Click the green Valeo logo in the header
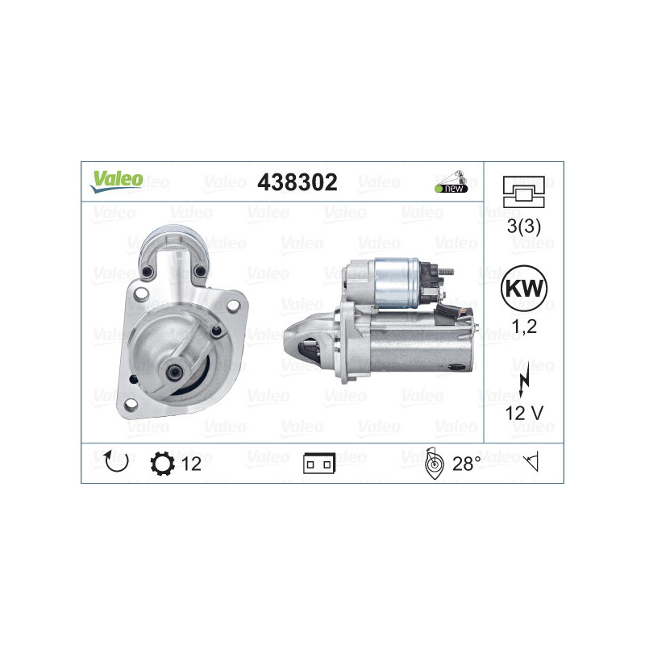[116, 181]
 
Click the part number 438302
[297, 182]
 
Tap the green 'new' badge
[451, 189]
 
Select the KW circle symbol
[523, 288]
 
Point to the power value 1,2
[524, 327]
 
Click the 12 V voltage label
[524, 413]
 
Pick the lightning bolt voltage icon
[523, 380]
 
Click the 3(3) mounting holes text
[523, 226]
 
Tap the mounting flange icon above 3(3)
[523, 192]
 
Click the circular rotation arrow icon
[116, 461]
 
